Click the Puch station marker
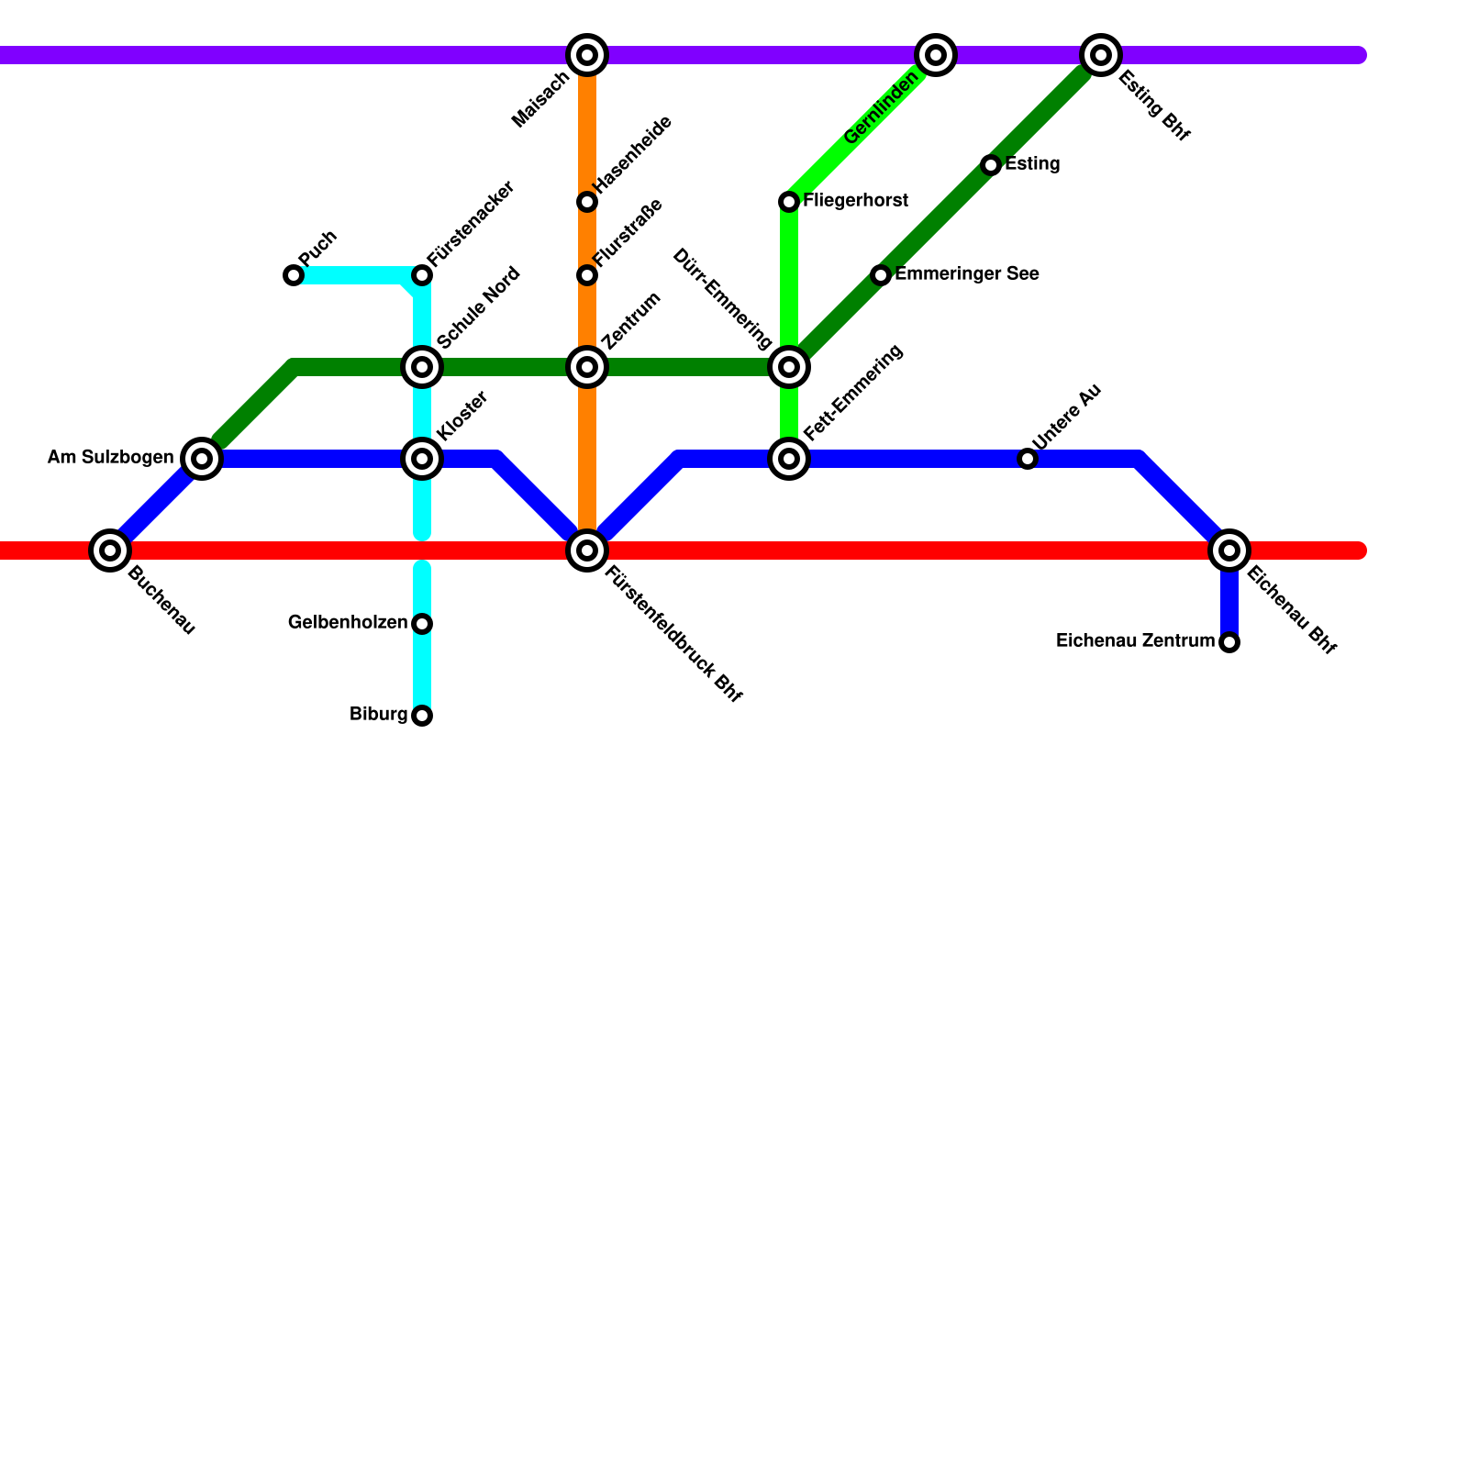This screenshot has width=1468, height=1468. pos(294,275)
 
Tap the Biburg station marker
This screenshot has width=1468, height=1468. pos(422,716)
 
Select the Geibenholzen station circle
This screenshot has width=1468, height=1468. pos(422,624)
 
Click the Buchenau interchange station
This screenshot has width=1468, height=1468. pos(110,550)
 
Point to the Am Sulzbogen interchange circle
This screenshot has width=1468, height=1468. pos(202,459)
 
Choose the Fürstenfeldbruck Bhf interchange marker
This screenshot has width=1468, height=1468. pos(587,550)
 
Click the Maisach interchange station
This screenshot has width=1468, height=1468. pos(587,55)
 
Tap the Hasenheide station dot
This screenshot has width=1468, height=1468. pos(587,202)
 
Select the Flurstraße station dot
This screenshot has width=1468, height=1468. pos(587,275)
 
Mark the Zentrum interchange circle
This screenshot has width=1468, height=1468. pos(587,367)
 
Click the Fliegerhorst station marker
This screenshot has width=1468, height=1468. pos(789,202)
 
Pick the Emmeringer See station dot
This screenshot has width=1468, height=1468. pos(881,275)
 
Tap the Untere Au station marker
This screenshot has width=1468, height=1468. pos(1028,459)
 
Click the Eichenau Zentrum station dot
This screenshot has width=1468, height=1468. pos(1229,642)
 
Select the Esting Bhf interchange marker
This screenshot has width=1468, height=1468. pos(1101,55)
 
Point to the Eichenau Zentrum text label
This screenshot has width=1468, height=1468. pos(1135,641)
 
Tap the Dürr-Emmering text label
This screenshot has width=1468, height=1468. pos(722,299)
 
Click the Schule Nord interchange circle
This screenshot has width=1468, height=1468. pos(422,367)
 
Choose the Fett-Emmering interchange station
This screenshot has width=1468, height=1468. pos(789,459)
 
